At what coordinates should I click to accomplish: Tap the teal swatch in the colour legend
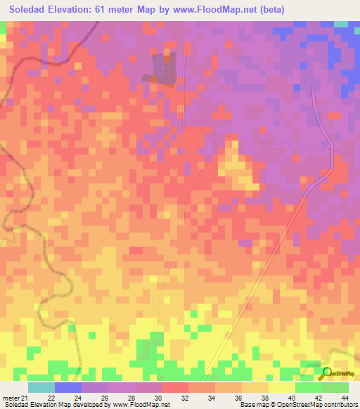(41, 387)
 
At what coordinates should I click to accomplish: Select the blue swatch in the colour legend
(68, 387)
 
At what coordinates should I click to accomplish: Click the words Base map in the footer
(255, 405)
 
